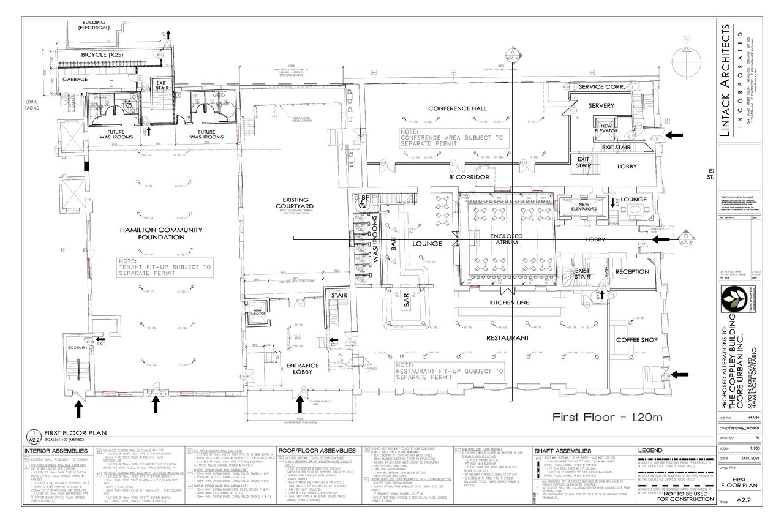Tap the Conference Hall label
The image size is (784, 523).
point(457,108)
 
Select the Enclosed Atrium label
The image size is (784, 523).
point(506,239)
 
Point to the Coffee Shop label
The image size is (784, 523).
point(636,339)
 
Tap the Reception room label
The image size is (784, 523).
point(632,271)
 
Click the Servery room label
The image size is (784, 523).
point(601,106)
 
